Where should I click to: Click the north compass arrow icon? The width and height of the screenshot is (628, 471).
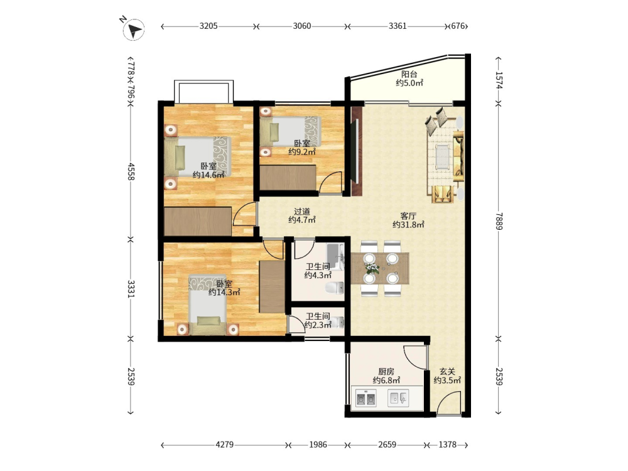135,30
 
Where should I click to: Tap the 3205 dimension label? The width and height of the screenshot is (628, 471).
208,26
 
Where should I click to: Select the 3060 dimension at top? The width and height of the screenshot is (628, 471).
301,26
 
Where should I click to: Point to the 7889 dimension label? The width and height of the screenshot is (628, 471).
499,220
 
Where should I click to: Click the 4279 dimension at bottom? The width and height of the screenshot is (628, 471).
224,445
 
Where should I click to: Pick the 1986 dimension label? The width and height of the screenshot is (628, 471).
318,445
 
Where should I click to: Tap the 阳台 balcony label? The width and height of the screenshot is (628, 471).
409,74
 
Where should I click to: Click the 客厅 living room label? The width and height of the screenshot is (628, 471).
408,216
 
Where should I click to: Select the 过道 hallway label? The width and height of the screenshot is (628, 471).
302,211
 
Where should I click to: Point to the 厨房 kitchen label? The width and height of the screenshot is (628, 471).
386,372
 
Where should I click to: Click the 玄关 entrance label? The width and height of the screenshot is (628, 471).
447,372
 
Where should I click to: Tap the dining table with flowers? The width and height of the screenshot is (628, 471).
380,268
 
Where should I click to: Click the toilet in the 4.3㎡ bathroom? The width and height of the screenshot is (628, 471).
335,288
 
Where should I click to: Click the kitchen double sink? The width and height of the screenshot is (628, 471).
366,399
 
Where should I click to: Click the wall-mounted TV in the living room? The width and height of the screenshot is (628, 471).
354,151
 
